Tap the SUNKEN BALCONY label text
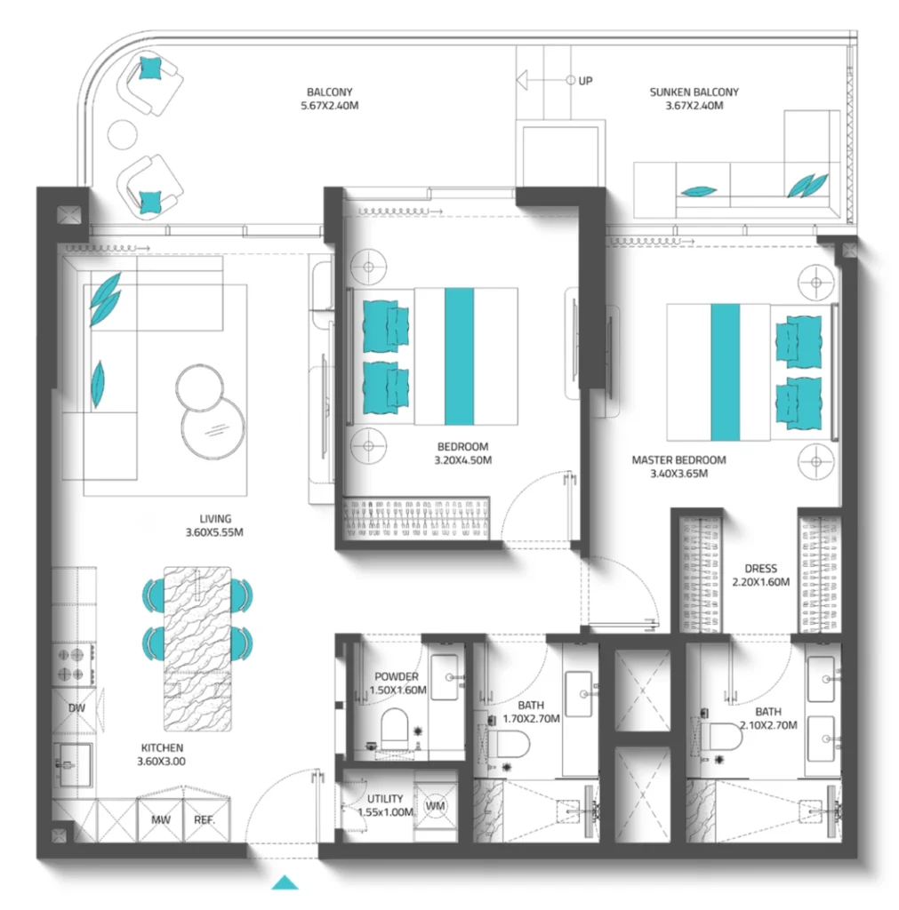[x=694, y=98]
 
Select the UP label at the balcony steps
[x=585, y=81]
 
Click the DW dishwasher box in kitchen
[x=76, y=708]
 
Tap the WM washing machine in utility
[x=435, y=806]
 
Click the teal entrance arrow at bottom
[x=285, y=882]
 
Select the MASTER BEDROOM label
[x=678, y=467]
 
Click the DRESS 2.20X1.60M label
[x=760, y=575]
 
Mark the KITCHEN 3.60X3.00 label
[x=160, y=754]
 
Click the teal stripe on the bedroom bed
[x=458, y=356]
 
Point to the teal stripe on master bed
[x=725, y=371]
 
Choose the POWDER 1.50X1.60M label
[x=396, y=683]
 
